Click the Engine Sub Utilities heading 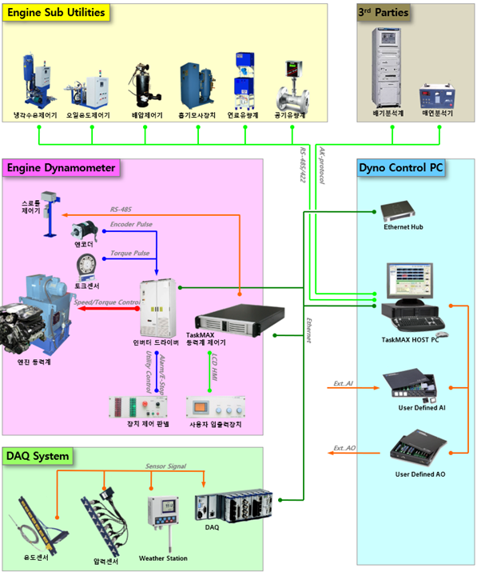coord(56,14)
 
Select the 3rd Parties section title coord(386,13)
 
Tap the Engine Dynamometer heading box coord(62,168)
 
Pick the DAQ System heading coord(38,457)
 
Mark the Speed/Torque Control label coord(106,302)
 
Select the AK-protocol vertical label coord(322,167)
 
